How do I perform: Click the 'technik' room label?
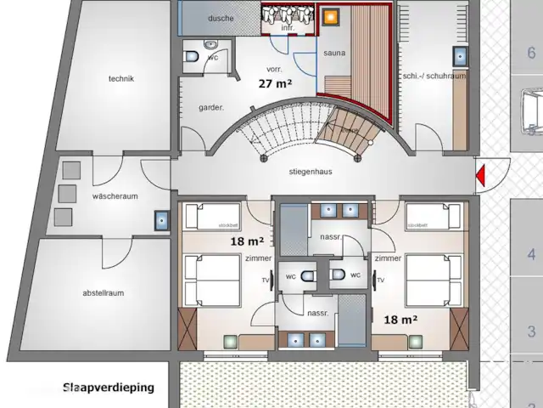click(120, 79)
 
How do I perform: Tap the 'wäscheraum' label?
click(115, 196)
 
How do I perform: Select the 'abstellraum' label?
click(104, 293)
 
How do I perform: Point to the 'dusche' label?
click(221, 17)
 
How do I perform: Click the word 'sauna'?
click(334, 53)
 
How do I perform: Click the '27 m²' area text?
click(275, 83)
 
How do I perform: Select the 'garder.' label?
click(211, 108)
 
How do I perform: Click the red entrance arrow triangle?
click(480, 177)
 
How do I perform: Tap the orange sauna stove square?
click(331, 15)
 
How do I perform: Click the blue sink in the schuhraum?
click(460, 56)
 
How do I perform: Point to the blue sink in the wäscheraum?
click(161, 221)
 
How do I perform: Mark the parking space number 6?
click(531, 53)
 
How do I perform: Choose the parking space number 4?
click(531, 254)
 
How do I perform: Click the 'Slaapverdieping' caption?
click(108, 388)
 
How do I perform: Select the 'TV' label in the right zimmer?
click(380, 280)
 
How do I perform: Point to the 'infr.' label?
click(287, 28)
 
